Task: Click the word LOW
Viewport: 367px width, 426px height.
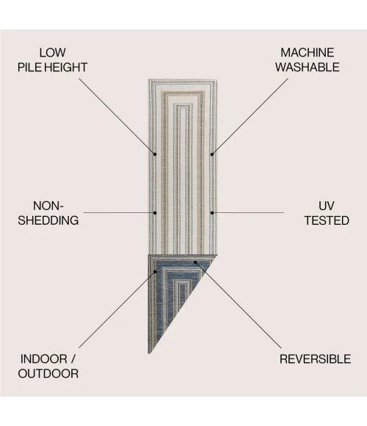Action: point(52,53)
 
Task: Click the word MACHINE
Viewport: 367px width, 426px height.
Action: point(308,53)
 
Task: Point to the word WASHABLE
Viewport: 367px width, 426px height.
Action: point(308,68)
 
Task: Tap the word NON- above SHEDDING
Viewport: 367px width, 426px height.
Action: point(48,206)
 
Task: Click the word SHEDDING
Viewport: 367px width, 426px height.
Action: point(48,220)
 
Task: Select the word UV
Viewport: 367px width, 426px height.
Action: point(327,206)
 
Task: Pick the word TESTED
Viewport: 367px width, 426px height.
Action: point(327,220)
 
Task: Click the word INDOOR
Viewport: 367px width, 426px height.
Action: point(44,359)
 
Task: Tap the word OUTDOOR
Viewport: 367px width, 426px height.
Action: point(48,374)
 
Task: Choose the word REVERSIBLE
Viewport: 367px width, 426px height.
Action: point(315,359)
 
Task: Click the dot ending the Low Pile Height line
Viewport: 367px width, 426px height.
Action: point(155,154)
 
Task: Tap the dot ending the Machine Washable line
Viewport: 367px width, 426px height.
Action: point(212,154)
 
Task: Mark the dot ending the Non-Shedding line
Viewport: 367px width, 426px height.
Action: point(155,213)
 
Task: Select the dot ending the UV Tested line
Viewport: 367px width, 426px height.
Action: point(212,213)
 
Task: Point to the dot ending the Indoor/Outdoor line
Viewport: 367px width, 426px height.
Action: point(155,272)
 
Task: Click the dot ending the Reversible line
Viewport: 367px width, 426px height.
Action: point(195,262)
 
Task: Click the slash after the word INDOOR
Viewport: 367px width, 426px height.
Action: point(73,359)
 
